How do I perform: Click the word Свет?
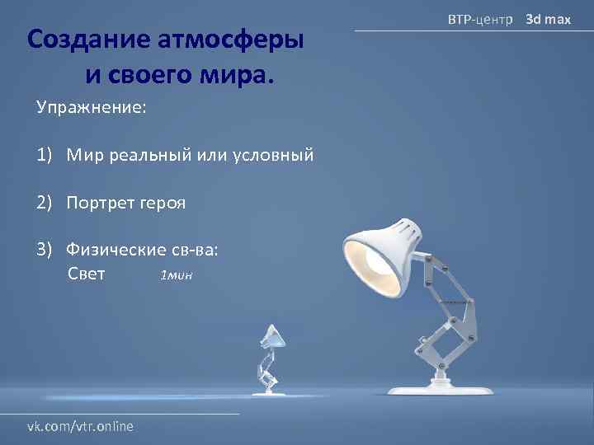tap(85, 274)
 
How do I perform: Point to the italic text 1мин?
tap(176, 275)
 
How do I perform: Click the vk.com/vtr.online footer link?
tap(81, 426)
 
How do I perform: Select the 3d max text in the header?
tap(549, 17)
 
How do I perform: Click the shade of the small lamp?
tap(272, 335)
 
